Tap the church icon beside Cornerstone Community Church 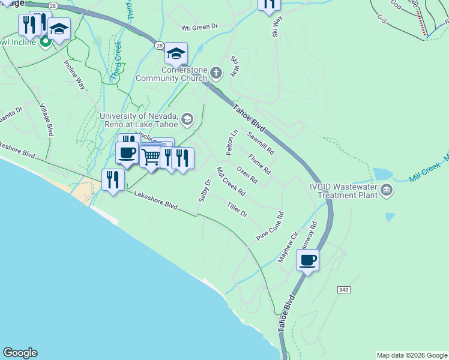click(x=216, y=73)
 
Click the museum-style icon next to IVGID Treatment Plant click(x=387, y=191)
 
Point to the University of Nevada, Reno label click(x=139, y=120)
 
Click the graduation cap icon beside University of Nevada click(x=188, y=119)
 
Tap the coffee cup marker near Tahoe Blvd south click(x=308, y=260)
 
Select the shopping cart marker click(x=151, y=157)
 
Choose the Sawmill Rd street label click(x=260, y=142)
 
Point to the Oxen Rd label click(x=247, y=175)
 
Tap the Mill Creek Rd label click(x=231, y=182)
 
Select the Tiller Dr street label click(x=237, y=209)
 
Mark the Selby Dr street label click(x=205, y=190)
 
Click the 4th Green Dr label click(x=199, y=28)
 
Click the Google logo click(x=20, y=353)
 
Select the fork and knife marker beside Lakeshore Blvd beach click(x=113, y=179)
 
